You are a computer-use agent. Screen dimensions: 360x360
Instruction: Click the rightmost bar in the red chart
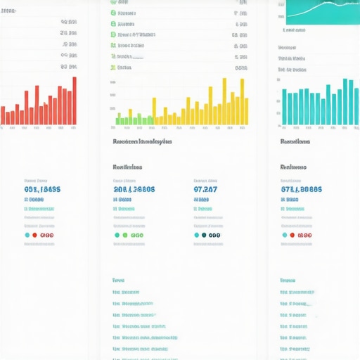pyautogui.click(x=75, y=101)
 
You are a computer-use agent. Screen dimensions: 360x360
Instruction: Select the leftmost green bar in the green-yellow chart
pyautogui.click(x=117, y=119)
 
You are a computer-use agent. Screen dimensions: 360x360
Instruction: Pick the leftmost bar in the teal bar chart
pyautogui.click(x=284, y=107)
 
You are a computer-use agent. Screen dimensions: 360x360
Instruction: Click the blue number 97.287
pyautogui.click(x=205, y=189)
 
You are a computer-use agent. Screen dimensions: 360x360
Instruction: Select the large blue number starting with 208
pyautogui.click(x=134, y=189)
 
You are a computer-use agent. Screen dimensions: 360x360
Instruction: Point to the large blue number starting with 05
pyautogui.click(x=42, y=189)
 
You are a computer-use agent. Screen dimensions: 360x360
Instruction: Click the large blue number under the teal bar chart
pyautogui.click(x=302, y=189)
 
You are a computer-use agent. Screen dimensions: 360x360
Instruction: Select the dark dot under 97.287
pyautogui.click(x=204, y=235)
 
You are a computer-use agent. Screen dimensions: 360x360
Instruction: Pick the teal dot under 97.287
pyautogui.click(x=196, y=235)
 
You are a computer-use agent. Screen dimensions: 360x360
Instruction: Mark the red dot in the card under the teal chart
pyautogui.click(x=292, y=235)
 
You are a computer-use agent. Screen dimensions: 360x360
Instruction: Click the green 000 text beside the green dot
pyautogui.click(x=137, y=235)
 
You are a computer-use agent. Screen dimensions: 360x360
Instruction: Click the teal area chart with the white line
pyautogui.click(x=323, y=11)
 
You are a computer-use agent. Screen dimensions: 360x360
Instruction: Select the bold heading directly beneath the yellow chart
pyautogui.click(x=141, y=141)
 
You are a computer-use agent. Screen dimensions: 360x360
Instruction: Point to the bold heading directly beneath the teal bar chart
pyautogui.click(x=296, y=141)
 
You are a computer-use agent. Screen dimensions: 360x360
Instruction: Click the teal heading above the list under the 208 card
pyautogui.click(x=118, y=280)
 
